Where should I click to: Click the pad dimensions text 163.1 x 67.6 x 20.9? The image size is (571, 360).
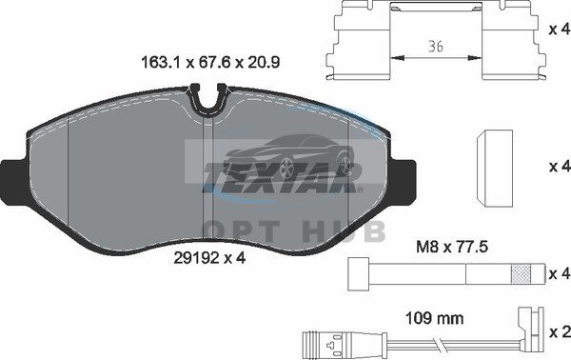(x=210, y=62)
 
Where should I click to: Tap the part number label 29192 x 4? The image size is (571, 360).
(x=209, y=258)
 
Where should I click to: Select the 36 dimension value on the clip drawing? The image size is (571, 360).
(x=436, y=47)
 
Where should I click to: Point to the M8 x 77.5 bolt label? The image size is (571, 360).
(x=452, y=248)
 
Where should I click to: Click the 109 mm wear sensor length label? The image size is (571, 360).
(x=435, y=318)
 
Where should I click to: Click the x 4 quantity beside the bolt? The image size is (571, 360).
(x=560, y=273)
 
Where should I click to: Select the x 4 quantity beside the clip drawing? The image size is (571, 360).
(x=560, y=30)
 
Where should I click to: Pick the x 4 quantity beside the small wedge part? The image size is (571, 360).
(x=560, y=167)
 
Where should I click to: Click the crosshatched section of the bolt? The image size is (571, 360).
(x=521, y=274)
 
